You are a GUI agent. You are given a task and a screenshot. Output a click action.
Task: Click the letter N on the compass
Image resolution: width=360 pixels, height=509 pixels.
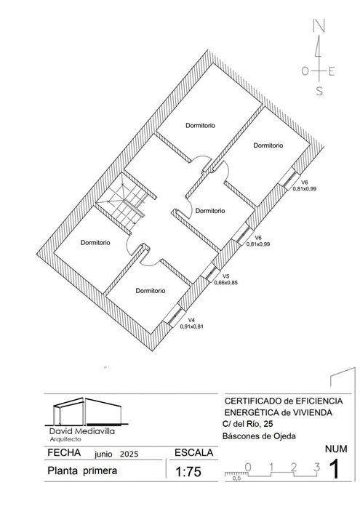point(319,25)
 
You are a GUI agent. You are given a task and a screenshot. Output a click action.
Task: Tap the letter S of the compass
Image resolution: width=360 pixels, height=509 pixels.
point(319,91)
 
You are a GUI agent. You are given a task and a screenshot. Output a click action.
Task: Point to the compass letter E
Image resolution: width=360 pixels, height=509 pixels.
point(332,71)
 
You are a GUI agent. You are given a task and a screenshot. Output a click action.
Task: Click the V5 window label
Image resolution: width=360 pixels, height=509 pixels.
point(226,276)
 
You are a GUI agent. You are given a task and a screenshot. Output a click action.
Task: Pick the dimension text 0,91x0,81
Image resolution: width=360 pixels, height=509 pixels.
point(191,326)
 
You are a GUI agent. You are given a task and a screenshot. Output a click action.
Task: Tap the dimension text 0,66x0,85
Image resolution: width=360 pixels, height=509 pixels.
point(226,282)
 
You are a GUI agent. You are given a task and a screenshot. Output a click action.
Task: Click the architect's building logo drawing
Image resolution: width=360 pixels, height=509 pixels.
point(87,411)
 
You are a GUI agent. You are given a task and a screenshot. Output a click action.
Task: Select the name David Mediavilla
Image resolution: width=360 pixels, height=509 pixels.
point(81,431)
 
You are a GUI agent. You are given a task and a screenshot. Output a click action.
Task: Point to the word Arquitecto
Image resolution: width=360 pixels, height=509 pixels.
point(65,439)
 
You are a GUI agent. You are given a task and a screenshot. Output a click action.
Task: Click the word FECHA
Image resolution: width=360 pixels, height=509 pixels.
point(64,452)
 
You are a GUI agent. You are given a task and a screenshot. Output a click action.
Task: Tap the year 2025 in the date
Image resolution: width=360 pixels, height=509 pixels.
point(129,454)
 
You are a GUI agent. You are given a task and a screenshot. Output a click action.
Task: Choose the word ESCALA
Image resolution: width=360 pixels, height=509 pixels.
point(193,452)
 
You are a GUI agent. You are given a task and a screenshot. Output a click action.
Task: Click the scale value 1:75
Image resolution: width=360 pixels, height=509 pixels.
point(188,472)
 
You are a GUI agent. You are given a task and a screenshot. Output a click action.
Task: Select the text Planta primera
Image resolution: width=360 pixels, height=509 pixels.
point(82,470)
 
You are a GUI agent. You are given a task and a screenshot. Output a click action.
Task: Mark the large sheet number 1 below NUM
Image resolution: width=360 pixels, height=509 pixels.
point(335,470)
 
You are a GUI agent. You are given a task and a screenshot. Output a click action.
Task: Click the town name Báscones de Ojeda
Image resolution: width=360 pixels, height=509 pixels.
point(259,436)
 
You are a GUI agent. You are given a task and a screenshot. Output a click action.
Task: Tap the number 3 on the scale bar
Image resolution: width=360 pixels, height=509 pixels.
point(317,467)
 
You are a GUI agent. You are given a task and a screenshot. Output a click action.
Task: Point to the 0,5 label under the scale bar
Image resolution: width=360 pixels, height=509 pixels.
point(237,478)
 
